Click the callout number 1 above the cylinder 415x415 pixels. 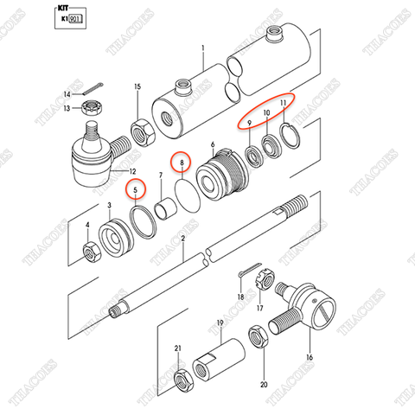click(x=202, y=48)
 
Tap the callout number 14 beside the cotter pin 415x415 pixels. click(x=66, y=93)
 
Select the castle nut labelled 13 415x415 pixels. click(x=87, y=107)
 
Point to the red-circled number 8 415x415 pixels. click(x=181, y=161)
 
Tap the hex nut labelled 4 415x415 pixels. click(x=89, y=252)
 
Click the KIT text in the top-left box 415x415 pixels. click(x=62, y=6)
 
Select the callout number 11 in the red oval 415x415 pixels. click(x=281, y=101)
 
